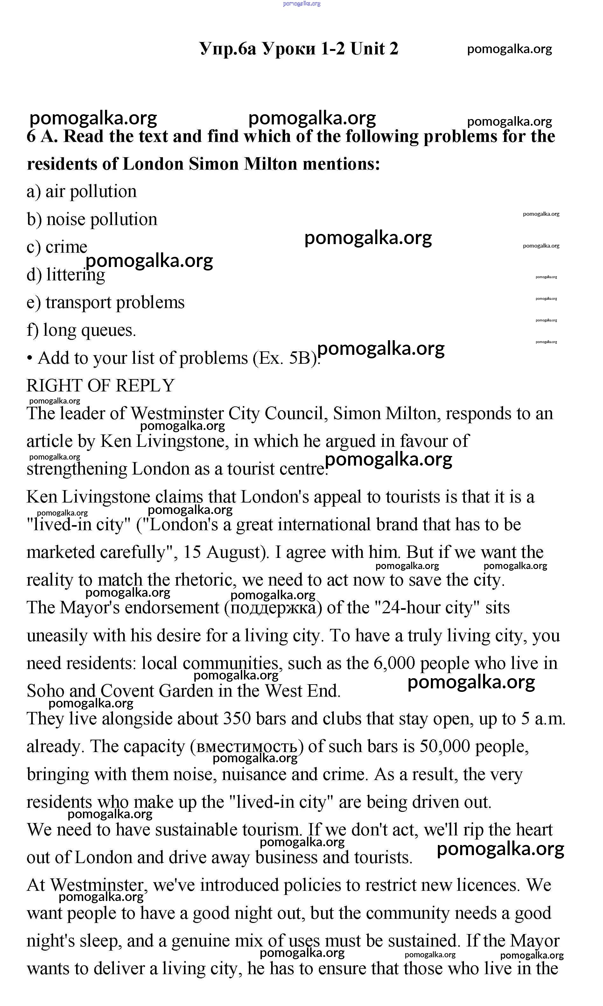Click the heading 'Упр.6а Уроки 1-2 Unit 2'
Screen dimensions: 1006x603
299,49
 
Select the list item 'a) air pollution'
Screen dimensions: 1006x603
82,191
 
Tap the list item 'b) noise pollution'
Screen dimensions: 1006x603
92,219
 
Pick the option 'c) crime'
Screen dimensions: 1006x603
57,247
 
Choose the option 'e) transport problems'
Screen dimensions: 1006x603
106,302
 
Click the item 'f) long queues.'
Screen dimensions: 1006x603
81,330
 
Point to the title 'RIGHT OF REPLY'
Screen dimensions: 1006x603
100,385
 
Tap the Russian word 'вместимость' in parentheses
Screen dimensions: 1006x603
247,746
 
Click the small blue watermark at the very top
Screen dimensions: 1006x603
302,4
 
